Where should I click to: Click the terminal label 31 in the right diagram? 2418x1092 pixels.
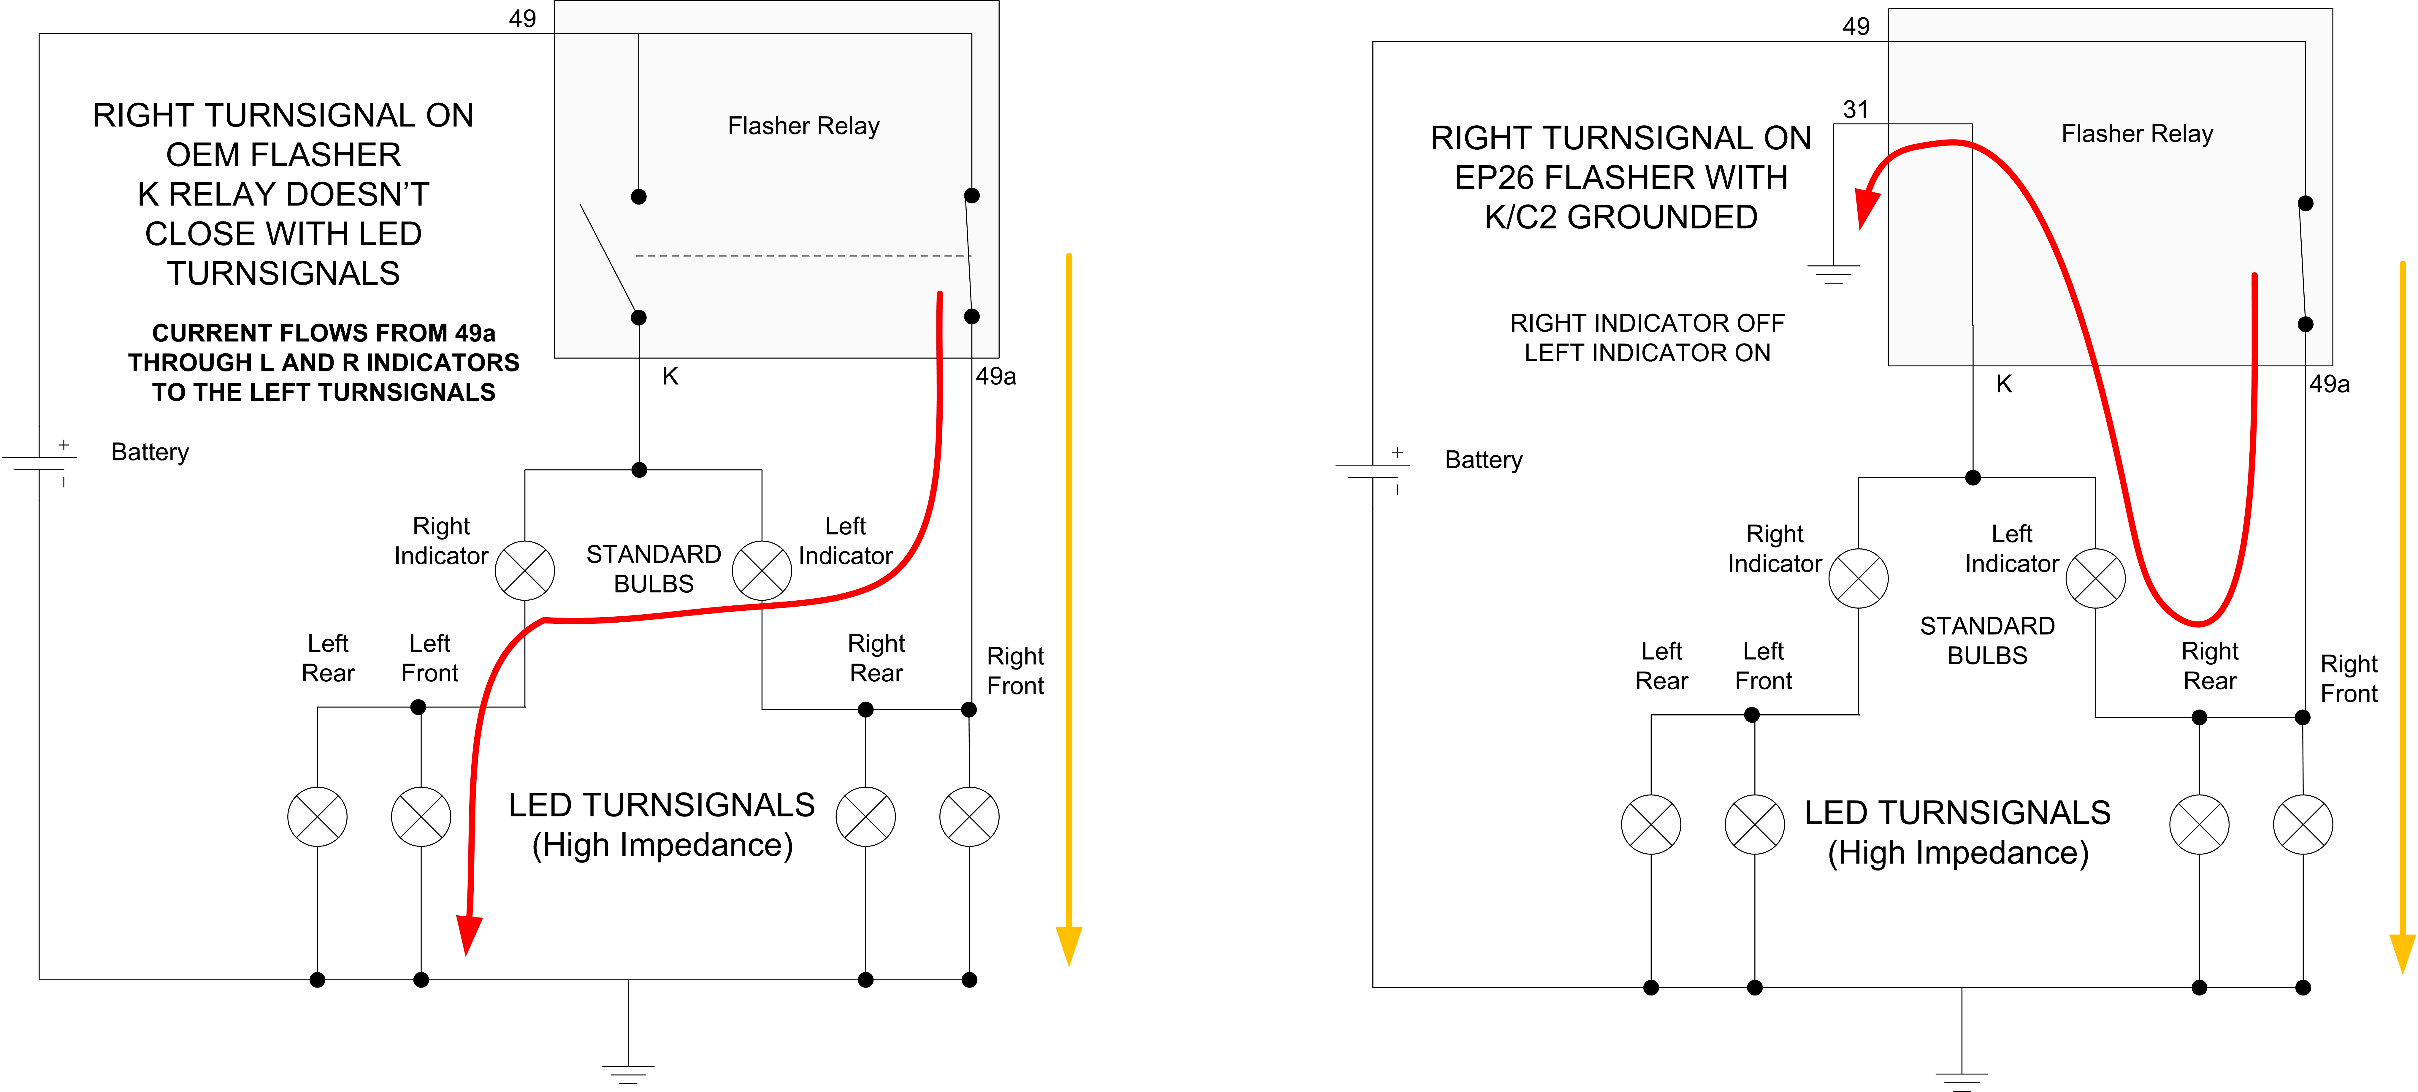click(1855, 110)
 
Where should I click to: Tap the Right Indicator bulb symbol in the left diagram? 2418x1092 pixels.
click(525, 570)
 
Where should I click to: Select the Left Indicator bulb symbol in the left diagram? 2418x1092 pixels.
click(761, 570)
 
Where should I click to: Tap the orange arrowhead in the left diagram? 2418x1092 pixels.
click(1068, 944)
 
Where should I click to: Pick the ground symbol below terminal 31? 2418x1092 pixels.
click(1833, 274)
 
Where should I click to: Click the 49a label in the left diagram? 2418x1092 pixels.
click(995, 376)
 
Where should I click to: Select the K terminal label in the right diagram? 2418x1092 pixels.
click(2003, 384)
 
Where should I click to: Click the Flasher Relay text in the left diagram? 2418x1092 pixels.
click(803, 126)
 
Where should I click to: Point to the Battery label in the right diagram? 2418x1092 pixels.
click(1483, 460)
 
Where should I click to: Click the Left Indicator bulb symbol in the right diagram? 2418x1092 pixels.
click(2095, 578)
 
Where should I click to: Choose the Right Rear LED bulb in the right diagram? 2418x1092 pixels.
click(2198, 824)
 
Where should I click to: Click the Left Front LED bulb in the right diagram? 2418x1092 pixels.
click(1753, 824)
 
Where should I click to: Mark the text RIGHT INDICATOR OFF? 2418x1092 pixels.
click(1646, 323)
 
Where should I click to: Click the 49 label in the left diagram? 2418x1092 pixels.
click(522, 19)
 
